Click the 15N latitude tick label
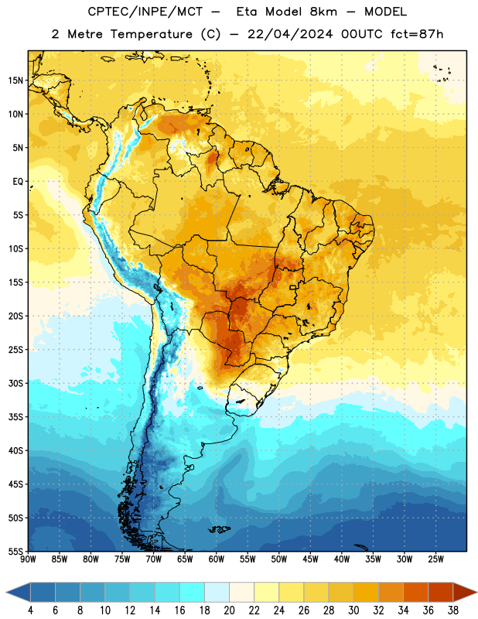[x=15, y=80]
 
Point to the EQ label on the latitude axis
[x=18, y=182]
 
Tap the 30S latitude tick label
[x=15, y=383]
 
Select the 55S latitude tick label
[x=15, y=551]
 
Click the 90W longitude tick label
[x=28, y=559]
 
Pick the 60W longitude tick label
[x=217, y=559]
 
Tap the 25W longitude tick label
[x=435, y=559]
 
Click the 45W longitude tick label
[x=310, y=559]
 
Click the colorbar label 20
[x=229, y=610]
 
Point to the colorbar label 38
[x=453, y=610]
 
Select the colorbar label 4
[x=30, y=610]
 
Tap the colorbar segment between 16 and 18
[x=193, y=592]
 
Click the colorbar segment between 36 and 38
[x=441, y=592]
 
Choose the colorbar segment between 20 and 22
[x=242, y=592]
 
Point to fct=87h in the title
[x=417, y=34]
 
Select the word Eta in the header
[x=247, y=12]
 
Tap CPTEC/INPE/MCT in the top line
[x=145, y=12]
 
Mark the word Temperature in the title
[x=151, y=34]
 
